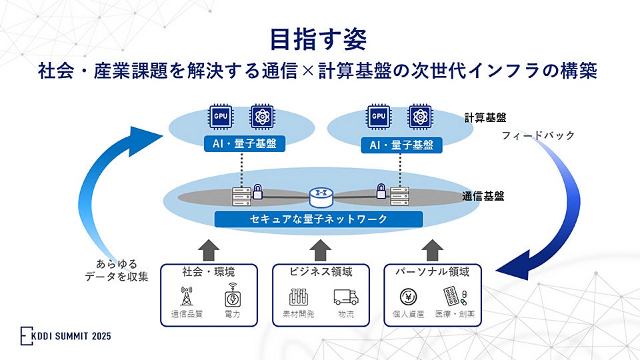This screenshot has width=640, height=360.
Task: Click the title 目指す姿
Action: coord(319,39)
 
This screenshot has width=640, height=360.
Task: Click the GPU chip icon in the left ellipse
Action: coord(221,116)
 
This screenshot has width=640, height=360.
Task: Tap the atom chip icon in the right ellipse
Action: coord(419,116)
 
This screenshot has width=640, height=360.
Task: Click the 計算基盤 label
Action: coord(485,117)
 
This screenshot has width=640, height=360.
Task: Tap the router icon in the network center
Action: coord(320,197)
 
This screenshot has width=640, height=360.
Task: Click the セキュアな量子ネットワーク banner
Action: coord(319,219)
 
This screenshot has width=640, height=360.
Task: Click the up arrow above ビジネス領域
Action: coord(321,249)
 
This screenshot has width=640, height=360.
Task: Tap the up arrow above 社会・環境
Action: coord(209,249)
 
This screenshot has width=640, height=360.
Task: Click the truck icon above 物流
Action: coord(345,297)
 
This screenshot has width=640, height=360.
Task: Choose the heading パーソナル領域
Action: coord(432,272)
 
